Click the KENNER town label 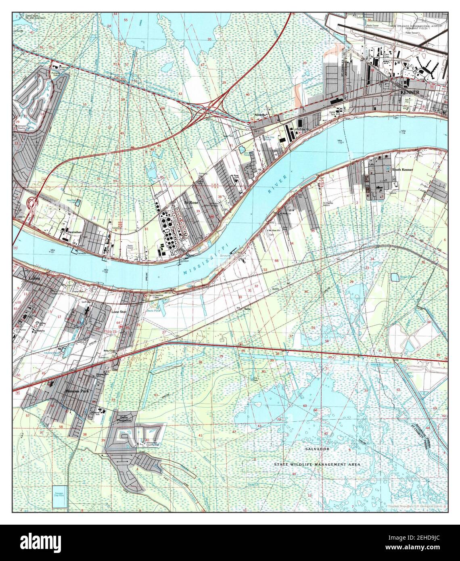tap(410, 92)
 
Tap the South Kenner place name tap(402, 170)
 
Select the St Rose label tap(190, 202)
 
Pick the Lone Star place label tap(119, 312)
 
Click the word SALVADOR tap(317, 449)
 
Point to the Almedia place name tap(259, 115)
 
